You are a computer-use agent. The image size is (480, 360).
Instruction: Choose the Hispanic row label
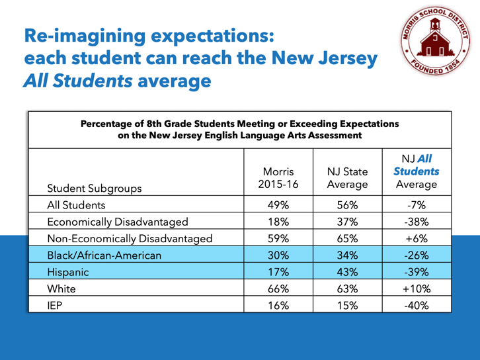pos(67,271)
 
